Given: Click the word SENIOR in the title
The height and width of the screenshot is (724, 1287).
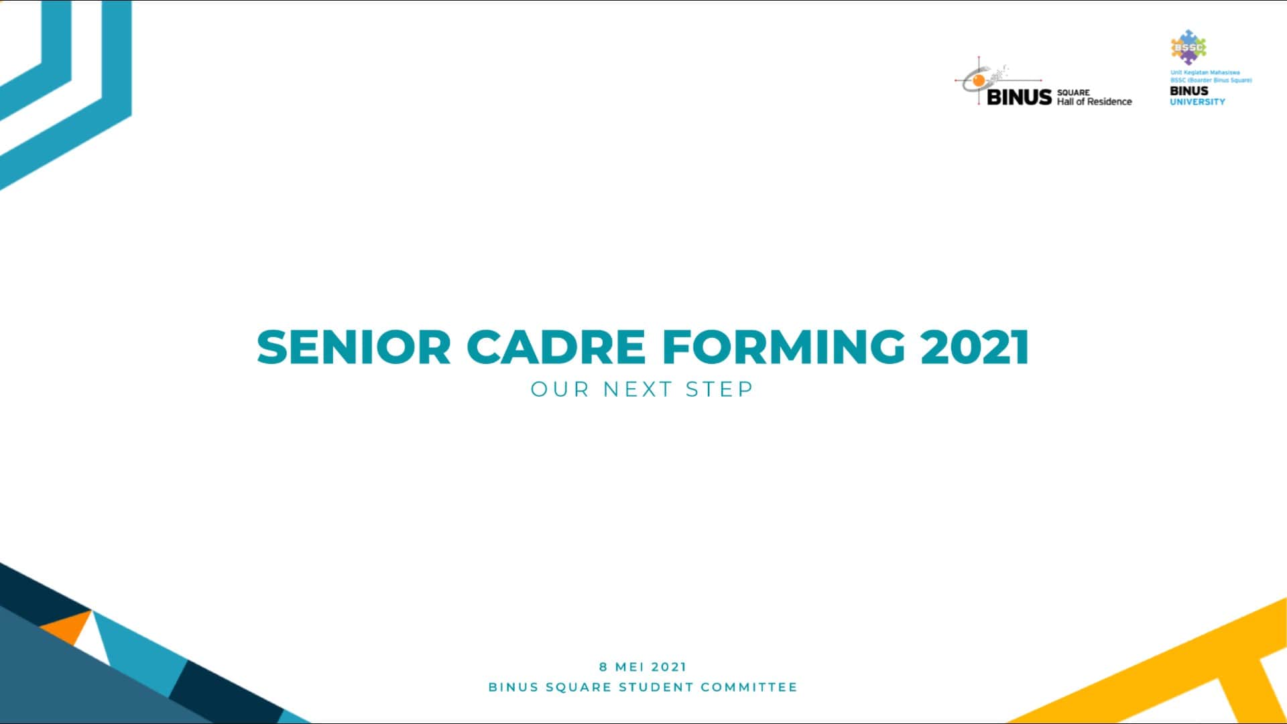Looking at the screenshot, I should [x=354, y=347].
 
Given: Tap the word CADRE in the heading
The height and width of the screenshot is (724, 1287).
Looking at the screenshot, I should [x=556, y=347].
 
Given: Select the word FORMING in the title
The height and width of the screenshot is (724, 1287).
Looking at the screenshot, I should [x=783, y=347].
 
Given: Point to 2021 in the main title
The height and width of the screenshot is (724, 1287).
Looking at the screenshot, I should [x=975, y=347].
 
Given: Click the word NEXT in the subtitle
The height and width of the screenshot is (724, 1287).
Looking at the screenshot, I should [x=637, y=389].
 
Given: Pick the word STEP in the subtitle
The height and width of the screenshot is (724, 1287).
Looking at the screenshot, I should [x=719, y=389].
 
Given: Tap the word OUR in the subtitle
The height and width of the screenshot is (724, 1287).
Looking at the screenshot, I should [x=559, y=389].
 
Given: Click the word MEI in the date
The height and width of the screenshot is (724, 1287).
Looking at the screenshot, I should [x=630, y=667].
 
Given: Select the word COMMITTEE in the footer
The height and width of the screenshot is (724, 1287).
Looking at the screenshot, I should [x=749, y=687].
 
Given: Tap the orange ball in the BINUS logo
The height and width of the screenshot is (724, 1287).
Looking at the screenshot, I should [x=979, y=81].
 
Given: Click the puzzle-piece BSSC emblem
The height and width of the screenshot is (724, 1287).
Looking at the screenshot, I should [x=1188, y=47].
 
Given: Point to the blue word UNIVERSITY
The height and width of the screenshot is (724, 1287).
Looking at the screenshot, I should [x=1197, y=102].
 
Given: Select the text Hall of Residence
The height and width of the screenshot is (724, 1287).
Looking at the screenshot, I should [x=1094, y=102].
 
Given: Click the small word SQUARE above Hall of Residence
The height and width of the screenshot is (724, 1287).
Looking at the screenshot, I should [x=1073, y=93].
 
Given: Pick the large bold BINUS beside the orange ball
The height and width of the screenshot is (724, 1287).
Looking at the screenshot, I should [x=1019, y=97].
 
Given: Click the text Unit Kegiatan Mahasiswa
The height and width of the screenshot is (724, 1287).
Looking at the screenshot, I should [x=1205, y=72].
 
